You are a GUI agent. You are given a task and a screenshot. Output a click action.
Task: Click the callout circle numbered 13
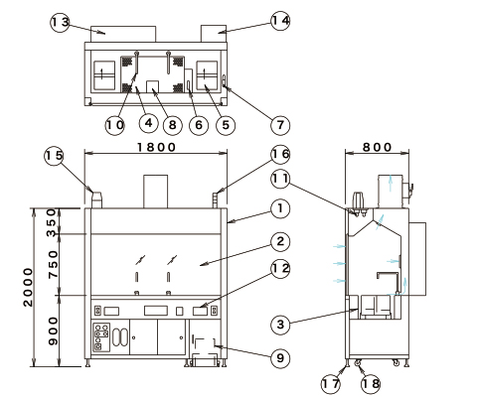coord(60,23)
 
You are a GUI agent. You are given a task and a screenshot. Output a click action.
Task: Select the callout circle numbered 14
coord(280,21)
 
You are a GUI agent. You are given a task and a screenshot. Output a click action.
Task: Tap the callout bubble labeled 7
coord(280,125)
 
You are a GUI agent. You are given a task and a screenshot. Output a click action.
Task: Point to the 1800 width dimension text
coord(156,147)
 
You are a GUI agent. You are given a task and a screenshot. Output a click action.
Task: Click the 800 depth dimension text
coord(377,147)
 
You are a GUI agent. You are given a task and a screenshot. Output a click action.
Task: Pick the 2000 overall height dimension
coord(29,287)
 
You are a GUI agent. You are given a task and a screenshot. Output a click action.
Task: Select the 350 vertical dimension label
coord(53,222)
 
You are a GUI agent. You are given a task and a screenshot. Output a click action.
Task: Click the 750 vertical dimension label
coord(53,264)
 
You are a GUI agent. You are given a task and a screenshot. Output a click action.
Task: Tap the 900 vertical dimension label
coord(53,331)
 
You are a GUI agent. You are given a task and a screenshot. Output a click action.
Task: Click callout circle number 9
coord(280,357)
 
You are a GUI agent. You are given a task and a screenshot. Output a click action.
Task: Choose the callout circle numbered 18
coord(371,384)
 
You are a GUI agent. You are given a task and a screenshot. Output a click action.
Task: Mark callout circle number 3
coord(280,325)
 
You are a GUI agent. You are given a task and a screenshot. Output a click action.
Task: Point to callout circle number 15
coord(54,156)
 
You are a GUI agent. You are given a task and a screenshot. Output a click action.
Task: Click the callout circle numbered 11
coord(280,179)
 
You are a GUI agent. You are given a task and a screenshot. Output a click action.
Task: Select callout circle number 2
coord(280,241)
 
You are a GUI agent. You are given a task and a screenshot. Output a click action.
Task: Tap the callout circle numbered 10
coord(114,125)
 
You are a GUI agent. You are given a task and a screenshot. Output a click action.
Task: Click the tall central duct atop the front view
coord(155,192)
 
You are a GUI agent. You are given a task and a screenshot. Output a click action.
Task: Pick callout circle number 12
coord(280,269)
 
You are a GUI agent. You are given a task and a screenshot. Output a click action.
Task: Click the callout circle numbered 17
coord(331,384)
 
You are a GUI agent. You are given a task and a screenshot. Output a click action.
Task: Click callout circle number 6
coord(199,125)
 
